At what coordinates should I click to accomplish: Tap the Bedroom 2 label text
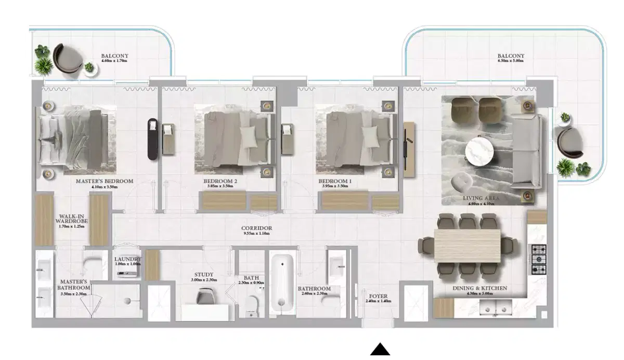pos(220,182)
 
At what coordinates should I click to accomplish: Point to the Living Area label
pos(481,199)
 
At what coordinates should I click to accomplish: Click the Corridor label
pos(256,228)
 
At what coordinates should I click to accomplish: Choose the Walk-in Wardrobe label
pos(71,218)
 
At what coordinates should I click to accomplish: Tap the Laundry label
pos(127,259)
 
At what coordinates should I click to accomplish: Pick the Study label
pos(204,275)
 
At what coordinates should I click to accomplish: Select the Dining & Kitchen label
pos(480,288)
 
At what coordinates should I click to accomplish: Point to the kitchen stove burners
pos(539,259)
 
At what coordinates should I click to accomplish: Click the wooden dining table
pos(467,245)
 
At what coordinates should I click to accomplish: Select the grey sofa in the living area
pos(526,151)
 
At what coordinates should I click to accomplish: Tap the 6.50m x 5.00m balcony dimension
pos(511,61)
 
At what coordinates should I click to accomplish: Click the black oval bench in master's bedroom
pos(152,138)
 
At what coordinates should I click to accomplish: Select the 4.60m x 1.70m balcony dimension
pos(114,61)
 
